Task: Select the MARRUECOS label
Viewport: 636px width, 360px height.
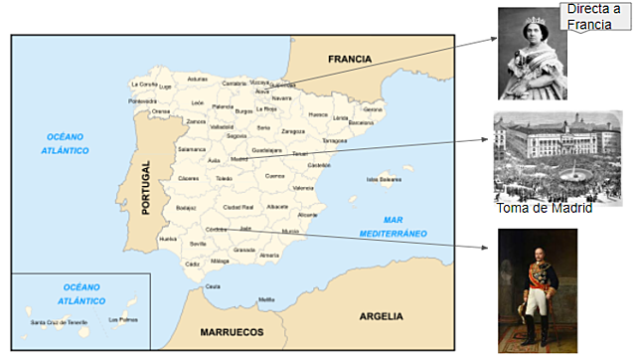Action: pos(232,331)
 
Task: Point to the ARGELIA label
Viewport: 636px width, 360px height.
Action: pos(381,316)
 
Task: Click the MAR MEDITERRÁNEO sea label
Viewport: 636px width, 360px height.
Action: pos(391,226)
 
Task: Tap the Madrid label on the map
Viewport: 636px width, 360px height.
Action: pos(238,157)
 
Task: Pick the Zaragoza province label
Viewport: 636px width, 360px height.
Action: pos(293,130)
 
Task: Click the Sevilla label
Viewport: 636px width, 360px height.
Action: pos(198,243)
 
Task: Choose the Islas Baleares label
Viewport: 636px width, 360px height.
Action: pos(384,180)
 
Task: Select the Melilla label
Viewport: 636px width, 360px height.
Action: pos(266,299)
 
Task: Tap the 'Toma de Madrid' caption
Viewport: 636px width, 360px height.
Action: pos(544,208)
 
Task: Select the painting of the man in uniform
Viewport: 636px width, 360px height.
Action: pos(538,290)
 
